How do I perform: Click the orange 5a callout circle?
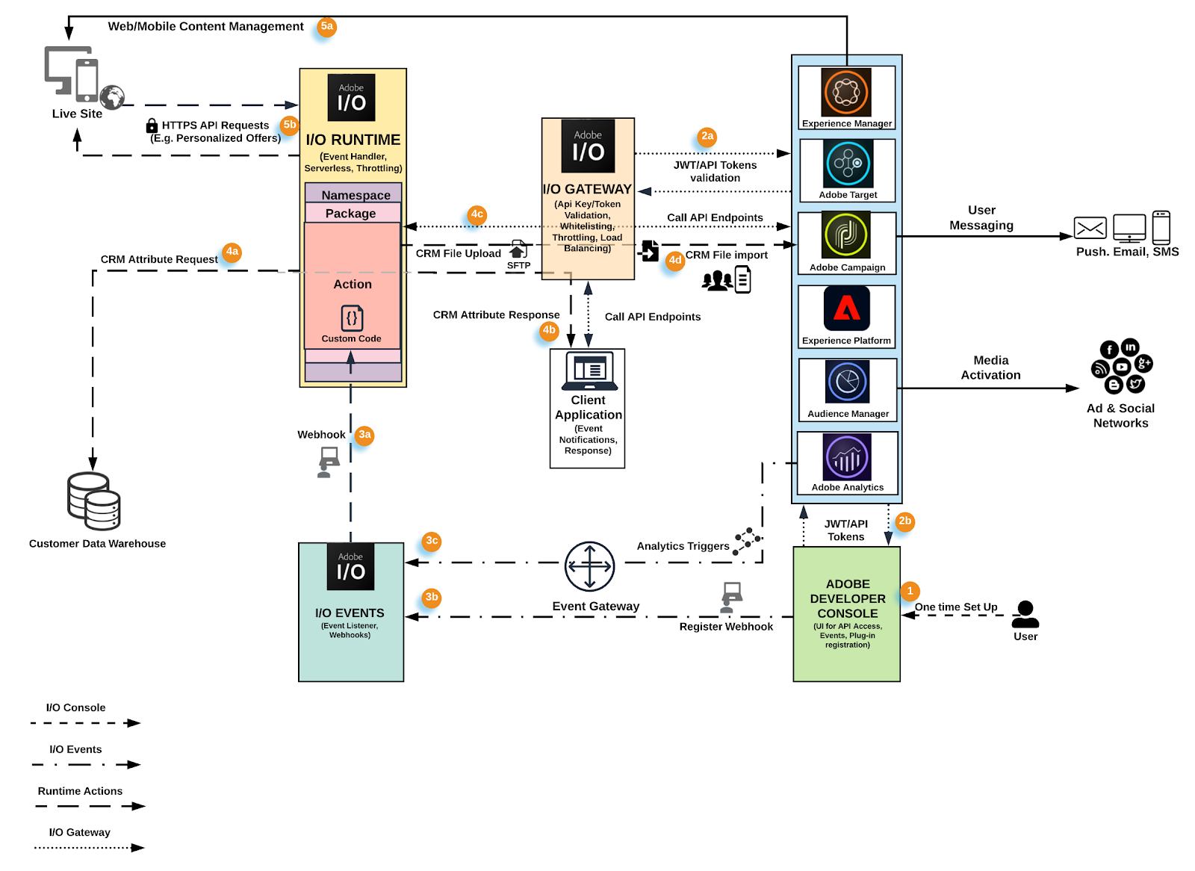pos(326,27)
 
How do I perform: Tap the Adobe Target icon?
pos(848,164)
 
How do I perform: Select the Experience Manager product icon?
pos(846,92)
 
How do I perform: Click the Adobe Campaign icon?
pos(846,235)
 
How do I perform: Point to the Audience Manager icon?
pos(848,382)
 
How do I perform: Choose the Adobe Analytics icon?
pos(848,456)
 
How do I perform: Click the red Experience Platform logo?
pos(847,308)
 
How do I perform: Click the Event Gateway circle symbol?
pos(589,566)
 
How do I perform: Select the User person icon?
pos(1025,615)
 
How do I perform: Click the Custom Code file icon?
pos(352,318)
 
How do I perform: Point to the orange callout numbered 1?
pos(910,591)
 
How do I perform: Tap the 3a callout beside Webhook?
pos(364,435)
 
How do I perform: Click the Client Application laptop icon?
pos(589,371)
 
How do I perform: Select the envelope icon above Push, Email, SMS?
pos(1090,227)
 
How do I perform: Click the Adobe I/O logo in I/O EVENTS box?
pos(350,567)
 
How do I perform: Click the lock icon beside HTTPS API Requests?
pos(152,125)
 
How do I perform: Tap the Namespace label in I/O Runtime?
pos(356,195)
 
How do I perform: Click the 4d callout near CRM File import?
pos(675,261)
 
